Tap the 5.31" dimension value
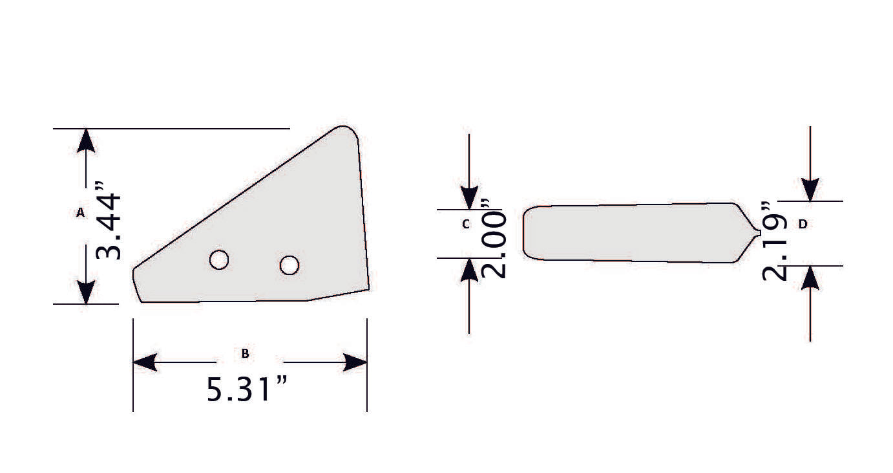tap(246, 390)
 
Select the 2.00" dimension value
tap(495, 238)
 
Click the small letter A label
tap(81, 212)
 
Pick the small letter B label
tap(245, 353)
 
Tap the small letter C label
tap(466, 225)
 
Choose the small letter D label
tap(803, 224)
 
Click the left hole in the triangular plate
tap(219, 259)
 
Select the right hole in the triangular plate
tap(289, 265)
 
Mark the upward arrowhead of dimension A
tap(86, 141)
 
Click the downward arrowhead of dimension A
tap(86, 292)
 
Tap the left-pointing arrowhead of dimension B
tap(145, 362)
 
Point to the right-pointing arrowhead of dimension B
tap(355, 362)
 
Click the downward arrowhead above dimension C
tap(469, 197)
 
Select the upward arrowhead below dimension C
tap(469, 270)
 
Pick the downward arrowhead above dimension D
tap(810, 189)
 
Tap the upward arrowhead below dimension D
tap(810, 278)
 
